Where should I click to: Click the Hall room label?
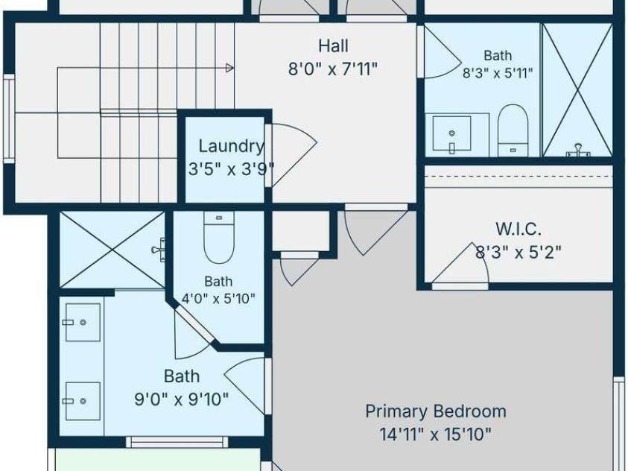pos(333,45)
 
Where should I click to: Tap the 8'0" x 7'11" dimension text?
pos(333,69)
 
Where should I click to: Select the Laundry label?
pos(232,146)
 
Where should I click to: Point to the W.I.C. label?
pos(518,229)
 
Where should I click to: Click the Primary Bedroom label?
pos(436,411)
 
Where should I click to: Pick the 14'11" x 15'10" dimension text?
pos(436,434)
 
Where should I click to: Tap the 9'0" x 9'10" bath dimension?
pos(182,399)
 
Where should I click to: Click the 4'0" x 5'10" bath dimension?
pos(218,298)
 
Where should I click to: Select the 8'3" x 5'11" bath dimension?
pos(498,73)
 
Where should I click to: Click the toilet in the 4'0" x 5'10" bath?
pos(219,237)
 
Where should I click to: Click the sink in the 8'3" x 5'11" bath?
pos(451,133)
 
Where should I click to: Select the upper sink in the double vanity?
pos(83,322)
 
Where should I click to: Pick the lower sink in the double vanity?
pos(83,401)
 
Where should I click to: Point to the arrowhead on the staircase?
pos(229,68)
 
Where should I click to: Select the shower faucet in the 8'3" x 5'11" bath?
pos(578,150)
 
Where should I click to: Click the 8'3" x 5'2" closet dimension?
pos(518,253)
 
